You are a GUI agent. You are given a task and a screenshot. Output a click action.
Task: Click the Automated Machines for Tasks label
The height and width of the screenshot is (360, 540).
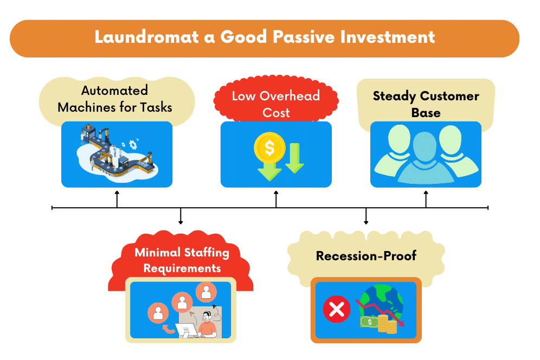tap(115, 98)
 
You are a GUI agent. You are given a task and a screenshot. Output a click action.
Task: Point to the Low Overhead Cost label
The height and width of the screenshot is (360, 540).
tap(276, 104)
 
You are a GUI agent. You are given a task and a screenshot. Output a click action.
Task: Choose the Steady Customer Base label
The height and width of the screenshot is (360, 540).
tap(426, 104)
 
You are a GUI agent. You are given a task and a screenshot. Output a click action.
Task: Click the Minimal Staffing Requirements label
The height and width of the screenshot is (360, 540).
tap(182, 260)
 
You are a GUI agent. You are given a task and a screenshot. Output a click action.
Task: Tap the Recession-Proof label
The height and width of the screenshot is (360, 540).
tap(366, 255)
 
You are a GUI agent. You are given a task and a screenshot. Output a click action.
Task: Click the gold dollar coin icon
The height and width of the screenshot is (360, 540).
tap(269, 147)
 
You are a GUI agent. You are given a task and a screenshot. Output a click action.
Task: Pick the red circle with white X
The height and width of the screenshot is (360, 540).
tap(336, 310)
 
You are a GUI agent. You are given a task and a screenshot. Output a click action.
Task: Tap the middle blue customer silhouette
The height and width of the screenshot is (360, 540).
tap(425, 157)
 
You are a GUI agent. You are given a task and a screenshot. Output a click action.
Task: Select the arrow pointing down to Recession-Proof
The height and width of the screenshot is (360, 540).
tap(366, 217)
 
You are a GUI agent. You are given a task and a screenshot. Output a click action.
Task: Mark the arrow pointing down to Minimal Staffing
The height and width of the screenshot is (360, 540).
tap(181, 217)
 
